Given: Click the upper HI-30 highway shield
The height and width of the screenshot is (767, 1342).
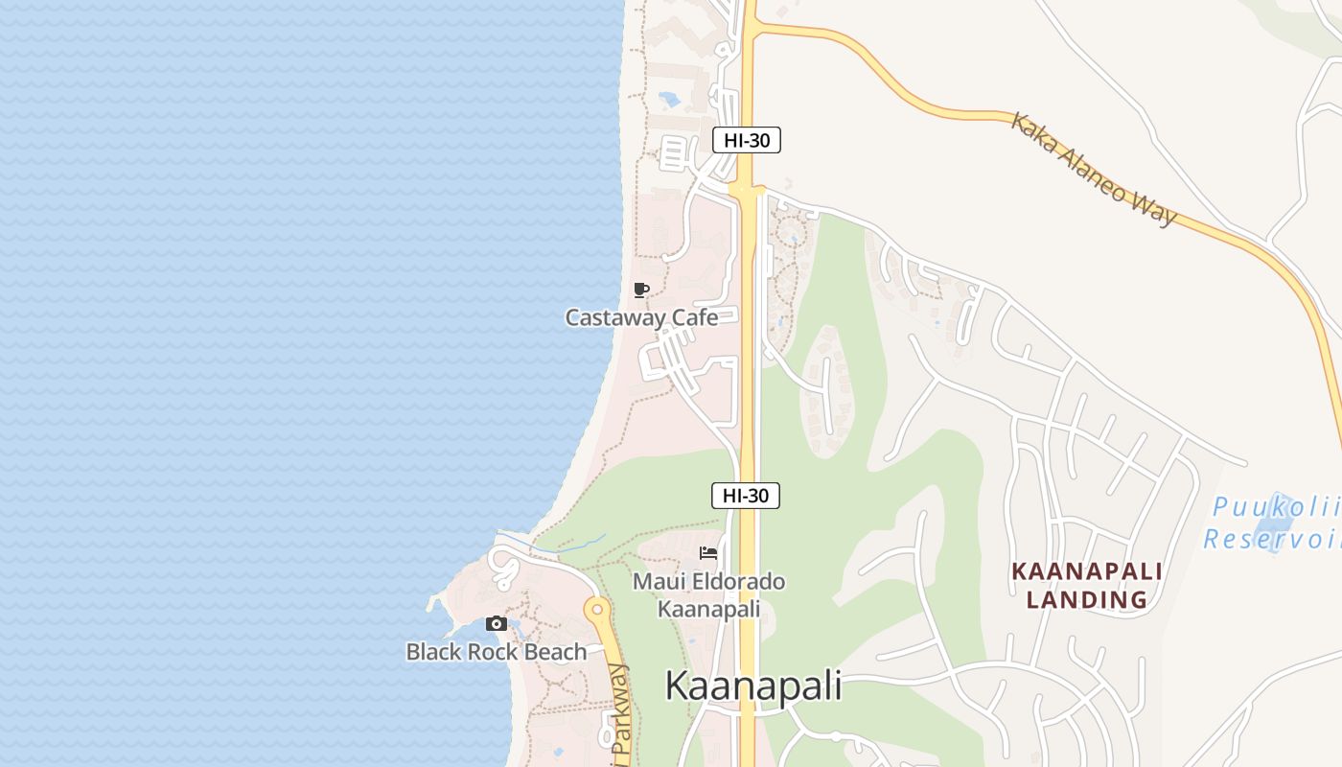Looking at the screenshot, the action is click(x=747, y=140).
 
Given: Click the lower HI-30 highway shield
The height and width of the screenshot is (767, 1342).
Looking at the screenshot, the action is click(x=746, y=496).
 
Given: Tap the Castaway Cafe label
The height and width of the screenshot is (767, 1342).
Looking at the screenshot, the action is click(x=641, y=317).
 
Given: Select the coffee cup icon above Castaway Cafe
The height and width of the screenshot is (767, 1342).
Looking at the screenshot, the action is click(x=641, y=290).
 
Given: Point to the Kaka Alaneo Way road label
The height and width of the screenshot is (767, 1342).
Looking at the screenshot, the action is click(x=1094, y=169).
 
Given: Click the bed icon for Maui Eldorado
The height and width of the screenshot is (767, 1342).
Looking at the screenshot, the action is click(x=708, y=552).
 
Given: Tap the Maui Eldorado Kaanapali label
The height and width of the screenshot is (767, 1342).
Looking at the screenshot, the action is click(x=708, y=594).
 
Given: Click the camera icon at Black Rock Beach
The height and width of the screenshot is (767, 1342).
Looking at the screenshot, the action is click(x=496, y=624).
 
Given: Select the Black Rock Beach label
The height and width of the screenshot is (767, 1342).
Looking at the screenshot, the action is click(x=496, y=652).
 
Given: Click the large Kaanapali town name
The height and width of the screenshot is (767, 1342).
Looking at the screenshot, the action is click(x=753, y=686).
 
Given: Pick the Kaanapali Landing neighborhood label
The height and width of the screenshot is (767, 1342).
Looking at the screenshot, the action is click(x=1087, y=586).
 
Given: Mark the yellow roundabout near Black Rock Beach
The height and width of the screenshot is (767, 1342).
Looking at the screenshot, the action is click(x=597, y=609).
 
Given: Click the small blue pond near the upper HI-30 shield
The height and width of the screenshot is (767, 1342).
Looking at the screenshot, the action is click(x=669, y=98).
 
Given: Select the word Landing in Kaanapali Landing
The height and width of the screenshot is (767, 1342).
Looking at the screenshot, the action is click(x=1087, y=600).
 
